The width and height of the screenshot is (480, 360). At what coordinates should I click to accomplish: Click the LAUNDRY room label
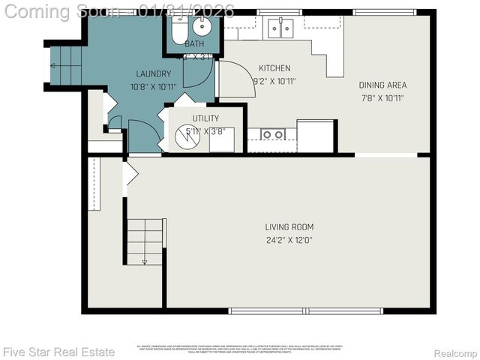(154, 73)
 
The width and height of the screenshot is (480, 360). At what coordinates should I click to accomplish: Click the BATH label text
(194, 44)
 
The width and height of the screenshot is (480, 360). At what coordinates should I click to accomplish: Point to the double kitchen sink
(280, 28)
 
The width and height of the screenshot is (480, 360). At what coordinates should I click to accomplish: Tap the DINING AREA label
(382, 85)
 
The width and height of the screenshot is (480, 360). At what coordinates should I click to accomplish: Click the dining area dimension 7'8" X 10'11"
(382, 97)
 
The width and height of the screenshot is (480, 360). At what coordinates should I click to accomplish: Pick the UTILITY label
(205, 118)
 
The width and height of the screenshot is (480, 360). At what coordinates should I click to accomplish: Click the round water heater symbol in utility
(186, 137)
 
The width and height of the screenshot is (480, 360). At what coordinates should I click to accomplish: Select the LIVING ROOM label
(289, 227)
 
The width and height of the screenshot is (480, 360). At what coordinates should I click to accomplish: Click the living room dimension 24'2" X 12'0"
(289, 241)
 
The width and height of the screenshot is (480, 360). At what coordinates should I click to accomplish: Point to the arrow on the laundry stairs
(52, 66)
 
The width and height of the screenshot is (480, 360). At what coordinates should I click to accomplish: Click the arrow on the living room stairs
(144, 261)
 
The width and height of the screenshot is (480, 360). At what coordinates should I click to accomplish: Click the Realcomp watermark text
(456, 352)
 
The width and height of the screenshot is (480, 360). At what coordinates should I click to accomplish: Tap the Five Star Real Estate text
(58, 352)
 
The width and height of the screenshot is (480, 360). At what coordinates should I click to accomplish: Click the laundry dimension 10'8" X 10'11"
(154, 86)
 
